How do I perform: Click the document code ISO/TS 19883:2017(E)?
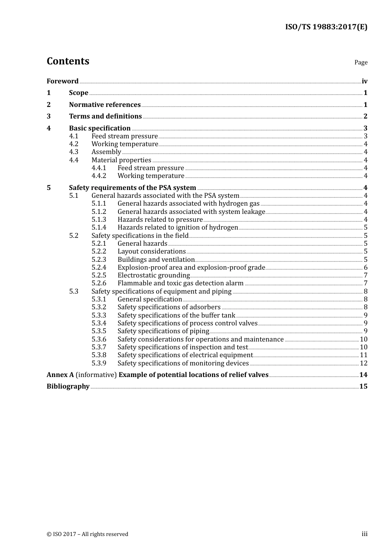pos(326,27)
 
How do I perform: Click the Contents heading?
pos(68,61)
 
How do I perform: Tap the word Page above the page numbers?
pos(361,62)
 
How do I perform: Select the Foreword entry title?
pos(62,81)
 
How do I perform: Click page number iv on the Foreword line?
pos(364,81)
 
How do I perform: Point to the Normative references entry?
pos(105,105)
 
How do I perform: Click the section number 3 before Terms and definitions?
pos(49,116)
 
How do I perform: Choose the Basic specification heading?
pos(100,128)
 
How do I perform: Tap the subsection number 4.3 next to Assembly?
pos(73,152)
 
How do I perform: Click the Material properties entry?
pos(121,160)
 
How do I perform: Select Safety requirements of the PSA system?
pos(132,188)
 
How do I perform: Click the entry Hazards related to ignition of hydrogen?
pos(178,228)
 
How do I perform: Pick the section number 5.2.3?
pos(99,260)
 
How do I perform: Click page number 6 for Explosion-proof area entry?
pos(366,268)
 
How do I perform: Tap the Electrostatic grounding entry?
pos(153,275)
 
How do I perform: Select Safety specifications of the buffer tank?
pos(176,315)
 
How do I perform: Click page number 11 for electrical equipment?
pos(364,355)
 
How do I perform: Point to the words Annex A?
pos(60,375)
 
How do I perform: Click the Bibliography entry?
pos(68,387)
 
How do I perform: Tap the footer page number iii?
pos(364,534)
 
